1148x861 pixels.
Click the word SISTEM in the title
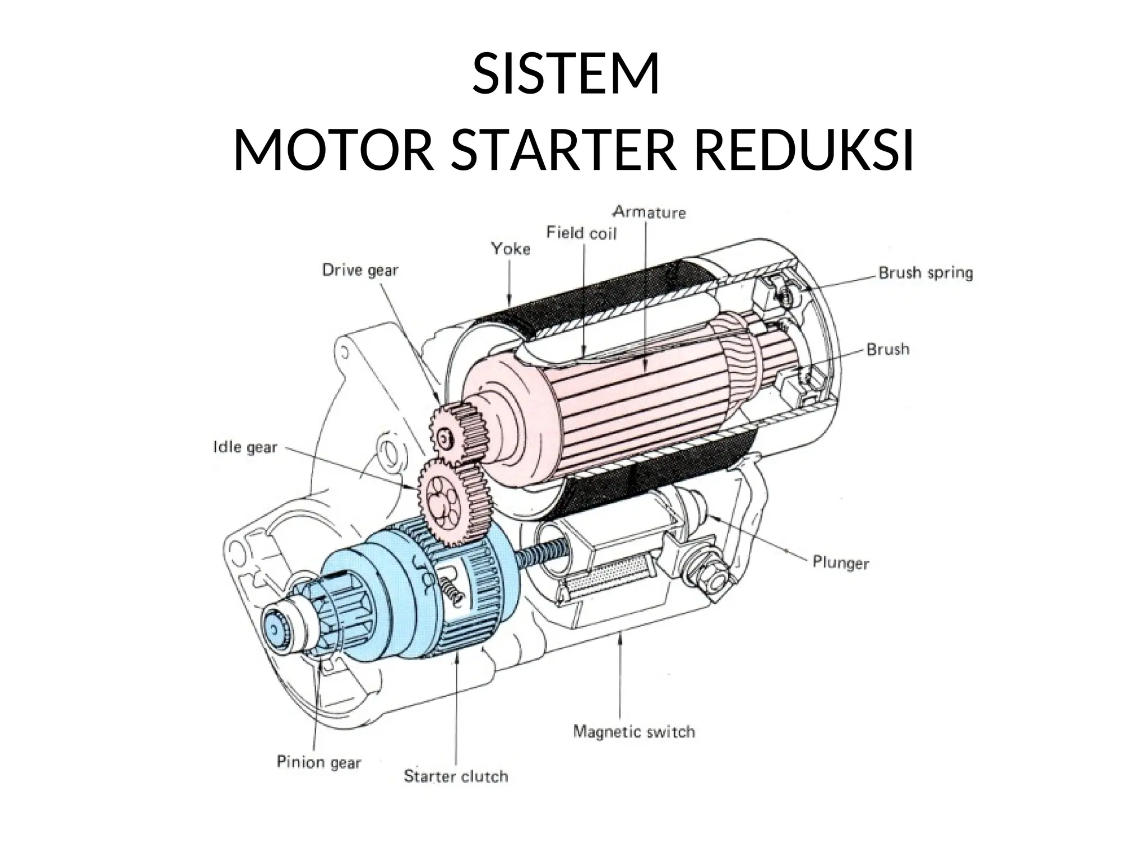click(565, 75)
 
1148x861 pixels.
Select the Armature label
click(649, 212)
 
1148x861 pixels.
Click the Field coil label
click(581, 233)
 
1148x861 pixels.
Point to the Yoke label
click(511, 249)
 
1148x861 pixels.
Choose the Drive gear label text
click(360, 271)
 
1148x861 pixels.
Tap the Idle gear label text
click(246, 447)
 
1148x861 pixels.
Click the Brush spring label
click(925, 273)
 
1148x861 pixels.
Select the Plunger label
click(840, 563)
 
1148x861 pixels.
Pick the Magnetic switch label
click(633, 732)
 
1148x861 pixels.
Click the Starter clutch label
click(456, 777)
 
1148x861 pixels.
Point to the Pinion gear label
click(318, 762)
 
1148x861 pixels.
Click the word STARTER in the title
click(561, 152)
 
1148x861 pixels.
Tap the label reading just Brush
click(888, 350)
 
